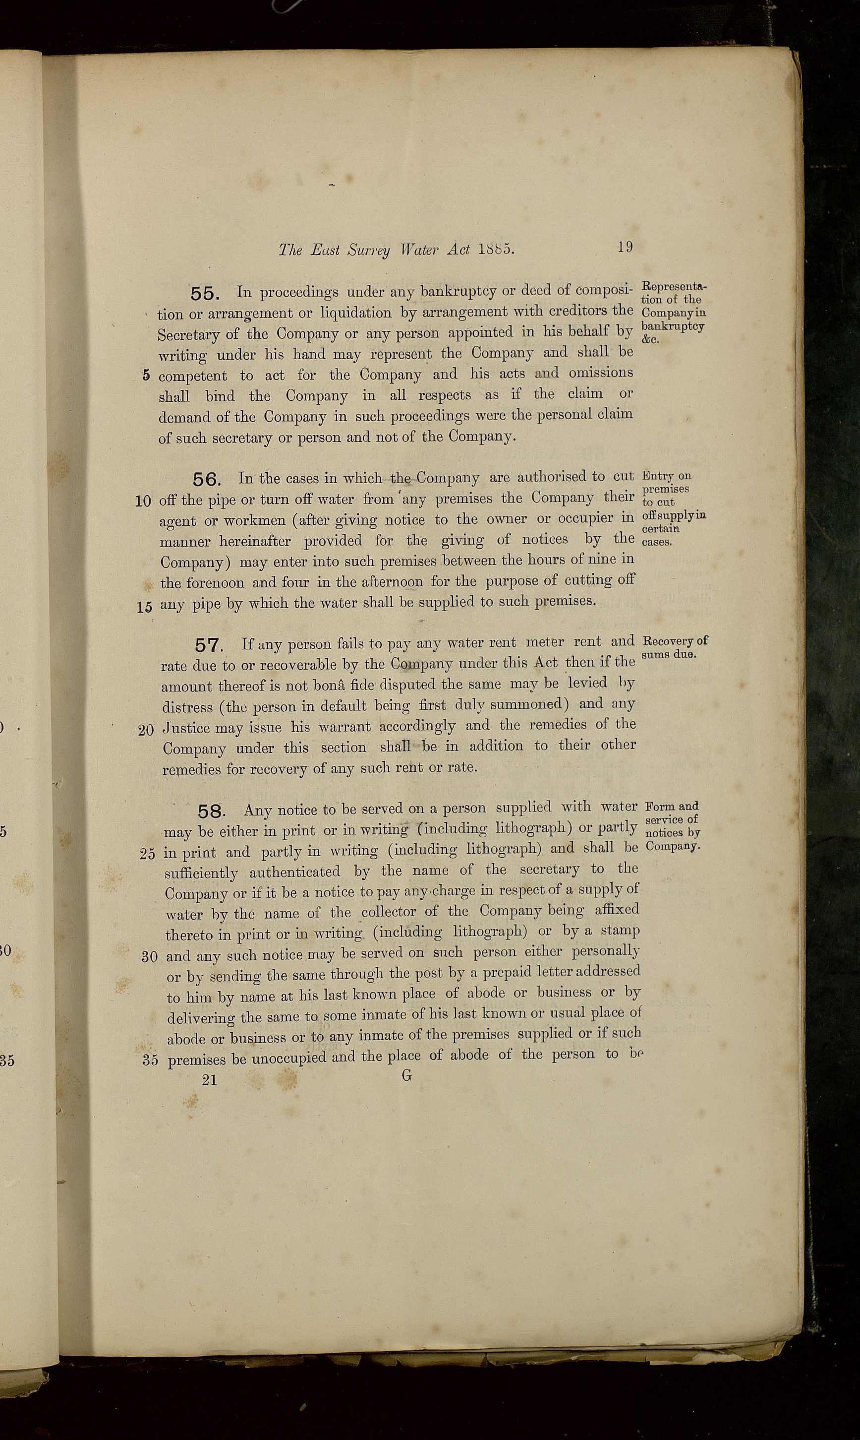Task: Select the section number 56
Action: point(206,480)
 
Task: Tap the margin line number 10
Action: point(143,501)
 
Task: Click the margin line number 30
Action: point(150,957)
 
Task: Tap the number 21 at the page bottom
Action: point(209,1080)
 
